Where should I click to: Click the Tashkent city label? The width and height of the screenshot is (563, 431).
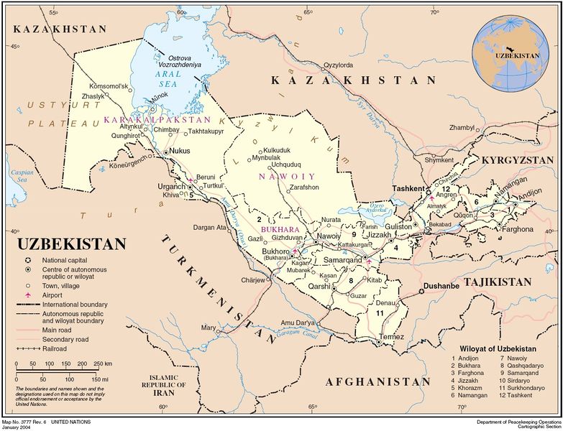[x=408, y=188]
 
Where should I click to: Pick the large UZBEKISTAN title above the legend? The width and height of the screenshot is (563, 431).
[x=70, y=244]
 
